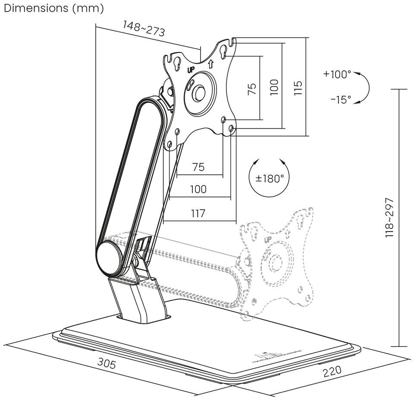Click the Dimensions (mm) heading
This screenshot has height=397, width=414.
(52, 8)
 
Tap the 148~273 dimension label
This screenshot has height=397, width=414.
(144, 28)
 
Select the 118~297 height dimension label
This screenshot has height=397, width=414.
(390, 218)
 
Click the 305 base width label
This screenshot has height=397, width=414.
(107, 364)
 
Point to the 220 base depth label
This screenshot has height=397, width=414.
(332, 370)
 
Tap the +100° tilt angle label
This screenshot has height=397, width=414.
(337, 74)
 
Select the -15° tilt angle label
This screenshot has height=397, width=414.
(341, 100)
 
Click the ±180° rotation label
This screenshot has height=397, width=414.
(270, 179)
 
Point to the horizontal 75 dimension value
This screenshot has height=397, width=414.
(198, 167)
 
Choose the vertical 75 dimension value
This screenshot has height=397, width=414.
(253, 88)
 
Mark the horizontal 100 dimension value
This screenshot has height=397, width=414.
(198, 189)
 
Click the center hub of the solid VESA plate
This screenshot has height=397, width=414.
(199, 92)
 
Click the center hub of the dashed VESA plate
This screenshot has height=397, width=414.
(275, 262)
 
